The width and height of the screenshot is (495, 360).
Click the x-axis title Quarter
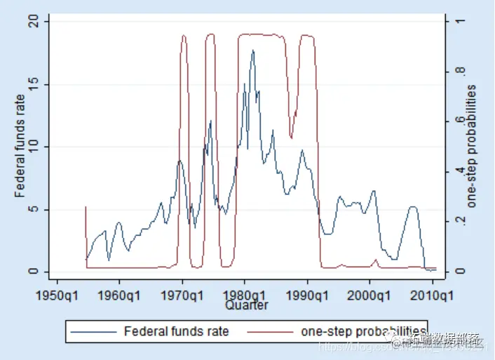[x=246, y=305]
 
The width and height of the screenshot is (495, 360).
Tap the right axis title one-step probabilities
[x=472, y=146]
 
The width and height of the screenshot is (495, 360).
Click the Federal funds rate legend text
[x=176, y=331]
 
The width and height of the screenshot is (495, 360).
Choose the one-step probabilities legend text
[x=362, y=331]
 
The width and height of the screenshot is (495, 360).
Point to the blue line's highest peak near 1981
[x=253, y=51]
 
